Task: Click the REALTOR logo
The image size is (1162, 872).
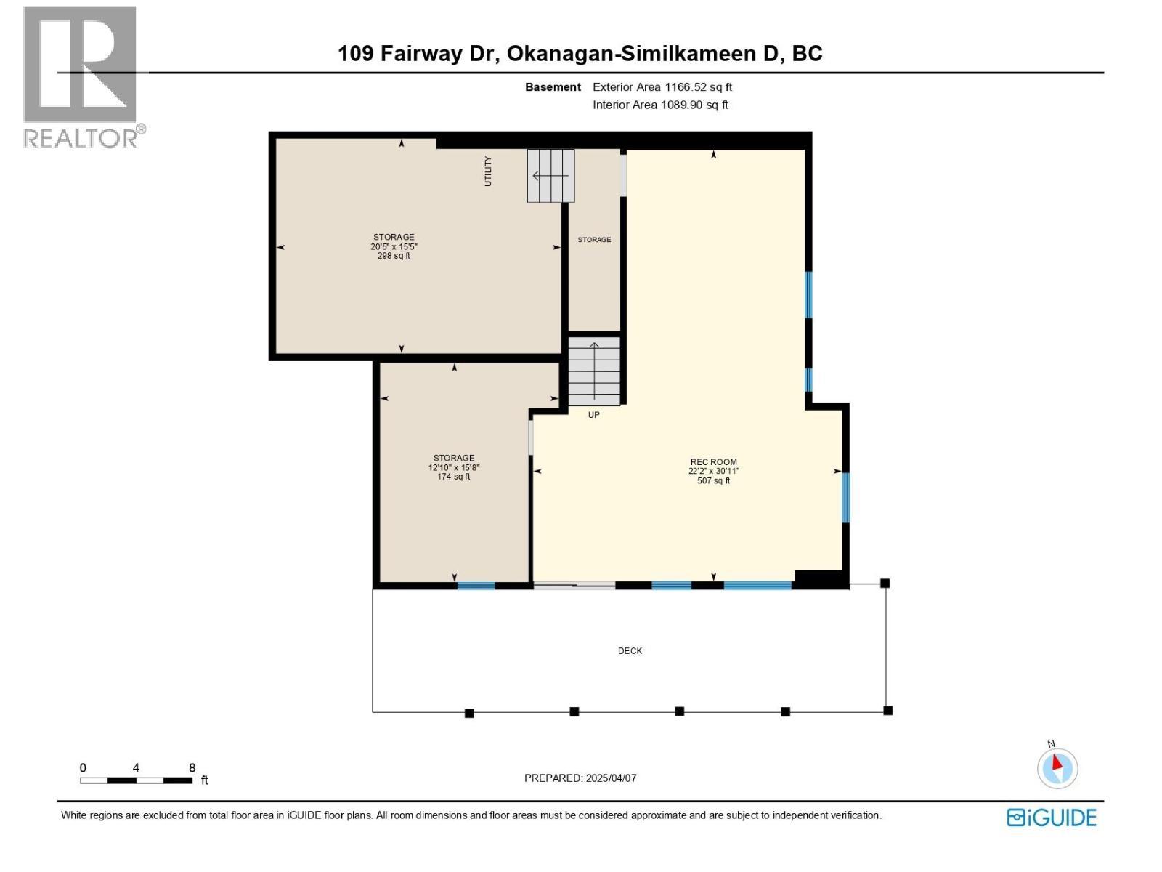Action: (81, 76)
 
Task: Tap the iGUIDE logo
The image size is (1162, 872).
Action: (1051, 817)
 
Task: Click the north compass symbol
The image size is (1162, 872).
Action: (1057, 768)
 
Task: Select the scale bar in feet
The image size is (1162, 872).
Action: (137, 780)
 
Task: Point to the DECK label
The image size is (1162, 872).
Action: (630, 651)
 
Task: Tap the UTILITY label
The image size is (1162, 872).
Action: (488, 171)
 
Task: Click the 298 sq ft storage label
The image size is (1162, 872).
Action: (394, 246)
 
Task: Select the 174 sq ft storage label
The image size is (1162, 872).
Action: (454, 467)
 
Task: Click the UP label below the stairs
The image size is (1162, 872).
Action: (593, 415)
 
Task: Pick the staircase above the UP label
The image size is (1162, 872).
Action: (594, 371)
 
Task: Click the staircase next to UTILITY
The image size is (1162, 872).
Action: (550, 176)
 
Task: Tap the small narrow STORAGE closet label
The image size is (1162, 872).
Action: (594, 240)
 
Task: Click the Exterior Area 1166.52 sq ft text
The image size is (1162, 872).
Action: (662, 87)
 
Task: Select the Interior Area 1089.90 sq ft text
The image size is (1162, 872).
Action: (659, 105)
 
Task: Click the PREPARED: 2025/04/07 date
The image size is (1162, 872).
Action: (580, 778)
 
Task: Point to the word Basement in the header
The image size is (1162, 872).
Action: (553, 87)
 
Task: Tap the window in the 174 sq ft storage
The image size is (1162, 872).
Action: (476, 586)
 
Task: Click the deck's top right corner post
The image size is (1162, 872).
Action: (885, 583)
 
